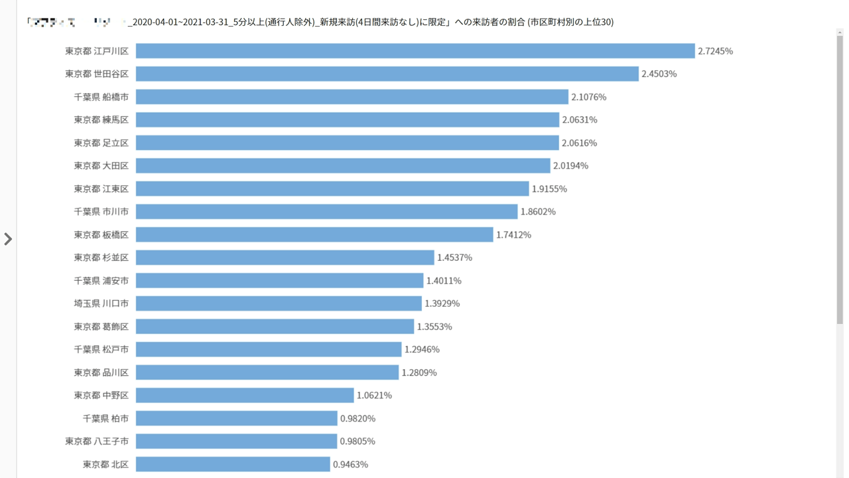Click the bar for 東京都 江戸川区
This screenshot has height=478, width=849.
click(x=415, y=51)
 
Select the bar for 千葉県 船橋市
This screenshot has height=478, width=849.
click(x=352, y=97)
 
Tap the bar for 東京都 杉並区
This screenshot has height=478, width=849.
click(x=285, y=258)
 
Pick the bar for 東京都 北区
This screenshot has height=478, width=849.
click(x=233, y=464)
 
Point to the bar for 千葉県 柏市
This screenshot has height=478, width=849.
click(x=237, y=418)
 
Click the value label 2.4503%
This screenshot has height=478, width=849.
click(x=659, y=74)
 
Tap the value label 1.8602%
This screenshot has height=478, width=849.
click(x=538, y=212)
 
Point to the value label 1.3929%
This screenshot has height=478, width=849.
click(x=442, y=303)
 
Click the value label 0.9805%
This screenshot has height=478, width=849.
click(x=357, y=441)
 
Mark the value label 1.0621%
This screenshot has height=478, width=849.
click(x=374, y=396)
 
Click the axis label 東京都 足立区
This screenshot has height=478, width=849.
click(x=101, y=143)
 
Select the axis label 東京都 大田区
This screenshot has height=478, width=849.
click(x=101, y=165)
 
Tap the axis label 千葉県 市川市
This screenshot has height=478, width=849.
click(x=101, y=212)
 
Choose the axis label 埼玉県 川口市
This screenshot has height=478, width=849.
click(x=101, y=303)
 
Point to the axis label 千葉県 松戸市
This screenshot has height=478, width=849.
click(x=101, y=349)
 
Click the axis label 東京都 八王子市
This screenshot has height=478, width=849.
click(x=97, y=441)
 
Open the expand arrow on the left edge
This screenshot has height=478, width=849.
click(x=8, y=239)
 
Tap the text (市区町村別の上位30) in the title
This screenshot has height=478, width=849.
click(x=570, y=22)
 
